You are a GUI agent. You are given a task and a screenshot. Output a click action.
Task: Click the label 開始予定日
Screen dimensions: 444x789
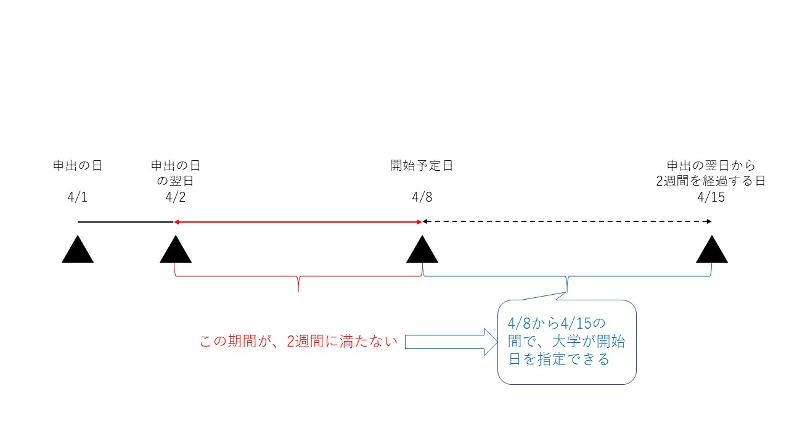pos(422,166)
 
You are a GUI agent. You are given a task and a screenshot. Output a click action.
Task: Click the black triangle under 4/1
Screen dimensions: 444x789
pos(78,250)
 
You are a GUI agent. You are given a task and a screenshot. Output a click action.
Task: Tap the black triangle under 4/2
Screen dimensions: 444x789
pos(176,250)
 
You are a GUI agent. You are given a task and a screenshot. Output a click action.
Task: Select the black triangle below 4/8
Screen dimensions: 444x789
pos(422,250)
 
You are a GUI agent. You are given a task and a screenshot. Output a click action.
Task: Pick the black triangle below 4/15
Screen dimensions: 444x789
pos(712,250)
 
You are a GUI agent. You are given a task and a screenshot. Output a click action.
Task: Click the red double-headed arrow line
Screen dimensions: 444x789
pos(298,221)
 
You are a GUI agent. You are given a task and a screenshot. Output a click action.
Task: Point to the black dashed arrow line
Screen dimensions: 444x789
pos(567,221)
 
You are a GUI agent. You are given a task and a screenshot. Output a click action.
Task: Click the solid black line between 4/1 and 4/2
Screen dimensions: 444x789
pos(125,221)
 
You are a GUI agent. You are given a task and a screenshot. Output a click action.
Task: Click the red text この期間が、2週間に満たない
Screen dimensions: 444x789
pos(298,342)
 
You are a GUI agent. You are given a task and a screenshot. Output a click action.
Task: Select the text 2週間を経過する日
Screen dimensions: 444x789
pos(711,181)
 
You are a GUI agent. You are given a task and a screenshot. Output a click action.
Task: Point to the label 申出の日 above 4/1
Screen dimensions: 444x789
pos(77,166)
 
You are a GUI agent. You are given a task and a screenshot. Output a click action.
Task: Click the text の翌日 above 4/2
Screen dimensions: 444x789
pos(176,181)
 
